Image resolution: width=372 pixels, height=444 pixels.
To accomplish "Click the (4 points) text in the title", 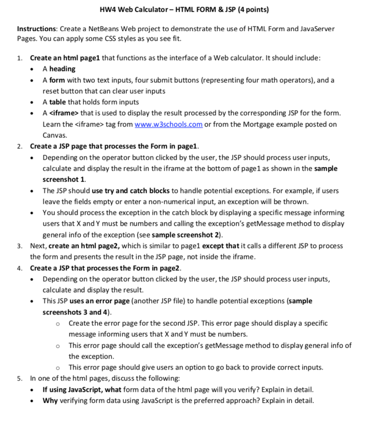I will tap(251, 10).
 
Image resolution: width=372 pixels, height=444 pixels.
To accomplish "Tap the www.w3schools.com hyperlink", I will tap(169, 124).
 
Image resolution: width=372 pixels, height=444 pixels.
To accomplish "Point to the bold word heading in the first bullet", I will tap(62, 69).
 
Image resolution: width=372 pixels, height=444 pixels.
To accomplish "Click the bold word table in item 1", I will tap(57, 102).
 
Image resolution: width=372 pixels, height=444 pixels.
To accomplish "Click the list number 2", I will tap(20, 147).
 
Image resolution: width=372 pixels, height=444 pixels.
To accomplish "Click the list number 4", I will tap(20, 268).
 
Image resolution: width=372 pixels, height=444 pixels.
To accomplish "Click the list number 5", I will tap(20, 378).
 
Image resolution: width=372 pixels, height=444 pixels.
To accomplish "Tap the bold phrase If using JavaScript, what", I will tap(81, 389).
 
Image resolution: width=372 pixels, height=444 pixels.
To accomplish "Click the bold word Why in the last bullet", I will tap(50, 400).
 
